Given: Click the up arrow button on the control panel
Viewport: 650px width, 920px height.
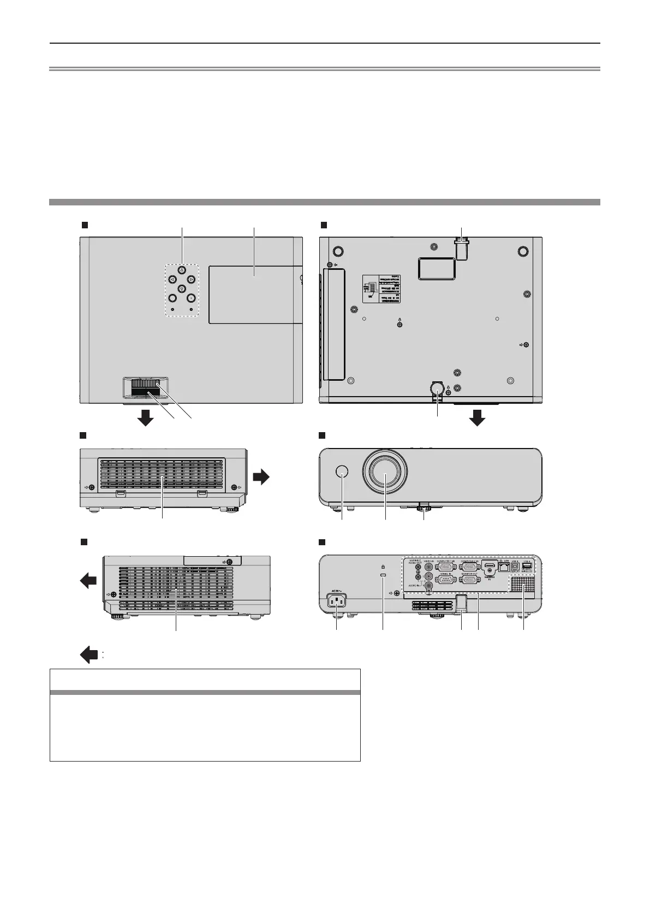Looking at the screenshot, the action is (182, 269).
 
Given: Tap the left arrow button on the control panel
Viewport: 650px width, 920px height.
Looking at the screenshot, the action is (172, 280).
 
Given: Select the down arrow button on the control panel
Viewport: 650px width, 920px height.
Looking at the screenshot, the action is (182, 289).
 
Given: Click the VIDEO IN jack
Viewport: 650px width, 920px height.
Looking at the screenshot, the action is (430, 569).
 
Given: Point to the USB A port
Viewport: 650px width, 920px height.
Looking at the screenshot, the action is (527, 567).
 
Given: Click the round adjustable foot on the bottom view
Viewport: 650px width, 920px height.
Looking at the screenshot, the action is (437, 387).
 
